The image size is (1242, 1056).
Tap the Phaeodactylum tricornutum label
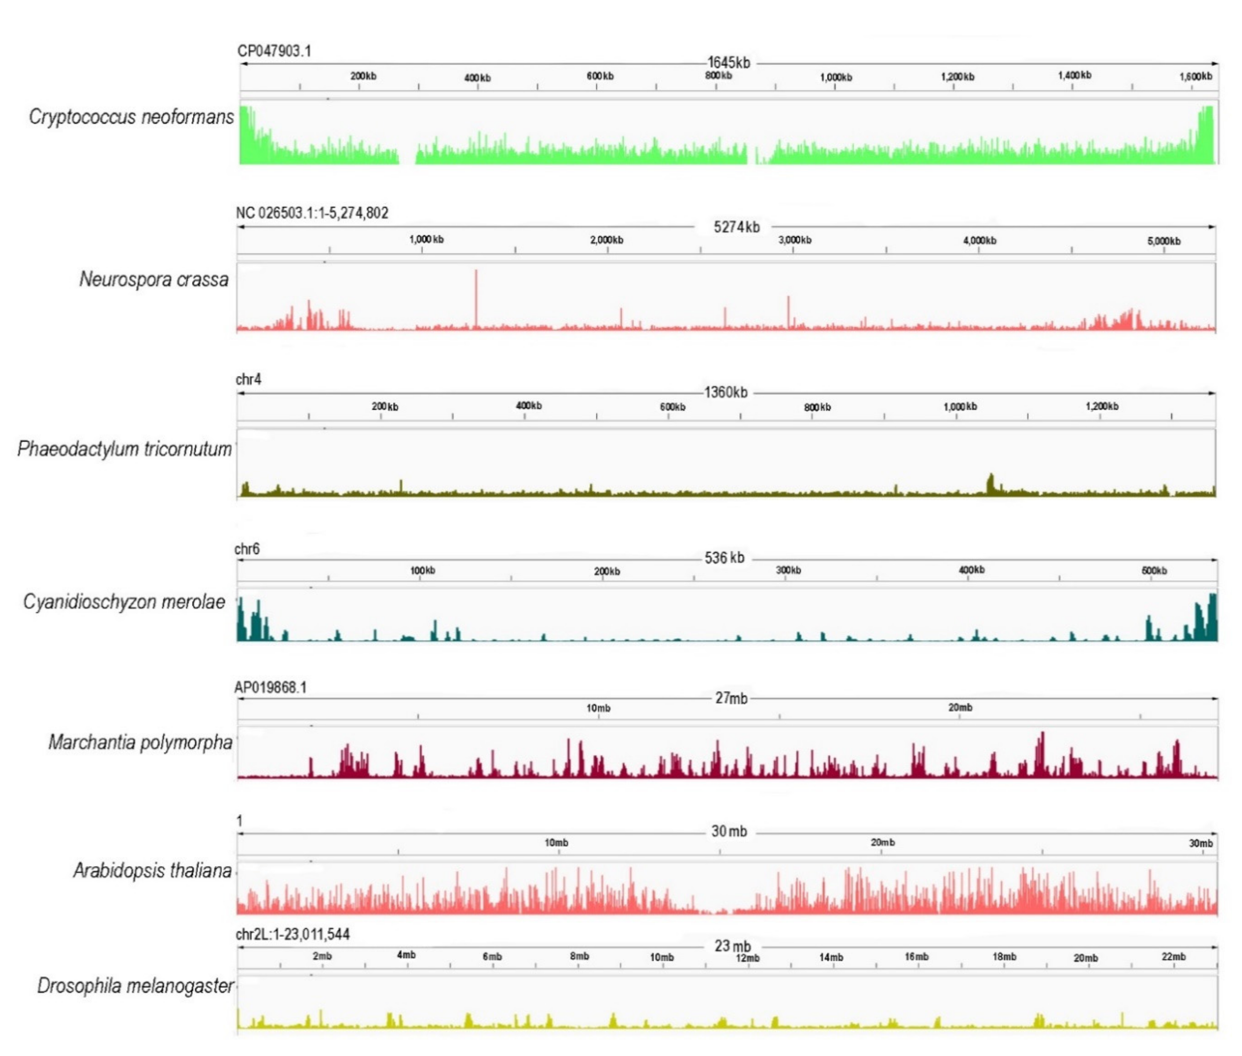124,449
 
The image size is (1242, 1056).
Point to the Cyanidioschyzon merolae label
124,602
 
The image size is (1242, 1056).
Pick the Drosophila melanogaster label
135,986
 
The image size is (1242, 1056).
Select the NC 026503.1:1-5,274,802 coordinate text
312,213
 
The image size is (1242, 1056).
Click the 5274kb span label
736,227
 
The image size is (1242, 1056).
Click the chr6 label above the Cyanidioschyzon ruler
247,549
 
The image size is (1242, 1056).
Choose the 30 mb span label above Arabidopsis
729,832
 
